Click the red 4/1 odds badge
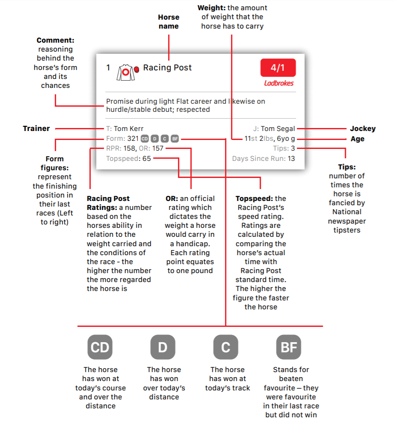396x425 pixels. click(278, 67)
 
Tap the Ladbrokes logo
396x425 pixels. click(279, 83)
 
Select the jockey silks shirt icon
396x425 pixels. click(125, 73)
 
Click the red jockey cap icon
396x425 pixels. click(136, 69)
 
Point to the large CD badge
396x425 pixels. click(100, 347)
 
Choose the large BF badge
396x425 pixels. click(289, 347)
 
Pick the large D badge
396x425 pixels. click(163, 347)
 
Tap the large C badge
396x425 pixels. click(226, 347)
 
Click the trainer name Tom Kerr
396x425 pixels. click(128, 128)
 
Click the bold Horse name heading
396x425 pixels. click(168, 21)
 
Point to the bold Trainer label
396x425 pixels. click(36, 128)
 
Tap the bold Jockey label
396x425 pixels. click(363, 128)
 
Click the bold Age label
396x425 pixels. click(358, 139)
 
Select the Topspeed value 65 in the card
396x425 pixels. click(147, 158)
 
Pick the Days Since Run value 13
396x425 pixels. click(291, 158)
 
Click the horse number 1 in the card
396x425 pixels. click(108, 67)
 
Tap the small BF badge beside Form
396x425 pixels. click(174, 139)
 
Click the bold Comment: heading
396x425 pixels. click(56, 40)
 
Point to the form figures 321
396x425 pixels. click(133, 139)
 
